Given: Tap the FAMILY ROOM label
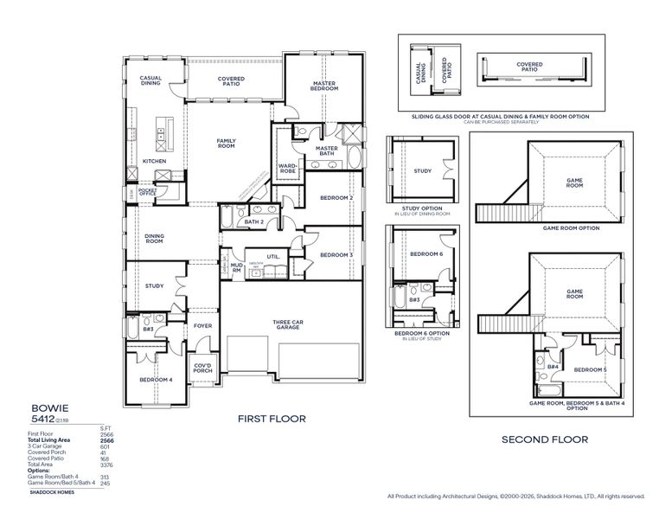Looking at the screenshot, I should pyautogui.click(x=226, y=143).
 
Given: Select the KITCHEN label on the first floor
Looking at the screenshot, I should pyautogui.click(x=154, y=161).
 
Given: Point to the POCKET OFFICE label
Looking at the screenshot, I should pyautogui.click(x=147, y=193).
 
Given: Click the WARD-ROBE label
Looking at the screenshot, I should pyautogui.click(x=288, y=168).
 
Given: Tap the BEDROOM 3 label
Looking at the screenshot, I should pyautogui.click(x=336, y=254).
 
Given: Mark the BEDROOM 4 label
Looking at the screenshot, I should pyautogui.click(x=157, y=379).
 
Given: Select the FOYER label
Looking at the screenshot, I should pyautogui.click(x=202, y=325).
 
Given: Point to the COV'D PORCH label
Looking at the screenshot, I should pyautogui.click(x=202, y=368).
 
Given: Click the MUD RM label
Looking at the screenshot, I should pyautogui.click(x=235, y=268).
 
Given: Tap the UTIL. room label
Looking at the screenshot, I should pyautogui.click(x=273, y=256).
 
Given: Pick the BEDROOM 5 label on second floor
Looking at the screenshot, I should pyautogui.click(x=590, y=369).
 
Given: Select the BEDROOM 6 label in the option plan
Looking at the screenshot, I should pyautogui.click(x=426, y=253).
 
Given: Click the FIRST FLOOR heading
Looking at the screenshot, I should pyautogui.click(x=272, y=419).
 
